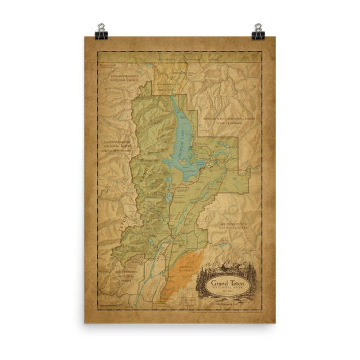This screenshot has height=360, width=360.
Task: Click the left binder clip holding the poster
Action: (101, 29)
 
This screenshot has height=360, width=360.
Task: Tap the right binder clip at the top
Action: (259, 29)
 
